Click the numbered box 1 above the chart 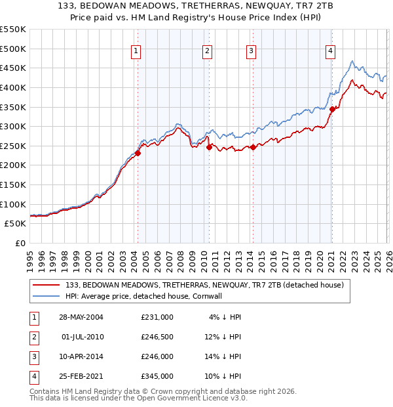[136, 51]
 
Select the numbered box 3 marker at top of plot [251, 51]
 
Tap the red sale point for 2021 [332, 109]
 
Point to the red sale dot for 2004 [138, 153]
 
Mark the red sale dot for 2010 [209, 147]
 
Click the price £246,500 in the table [157, 336]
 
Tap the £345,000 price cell [157, 376]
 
